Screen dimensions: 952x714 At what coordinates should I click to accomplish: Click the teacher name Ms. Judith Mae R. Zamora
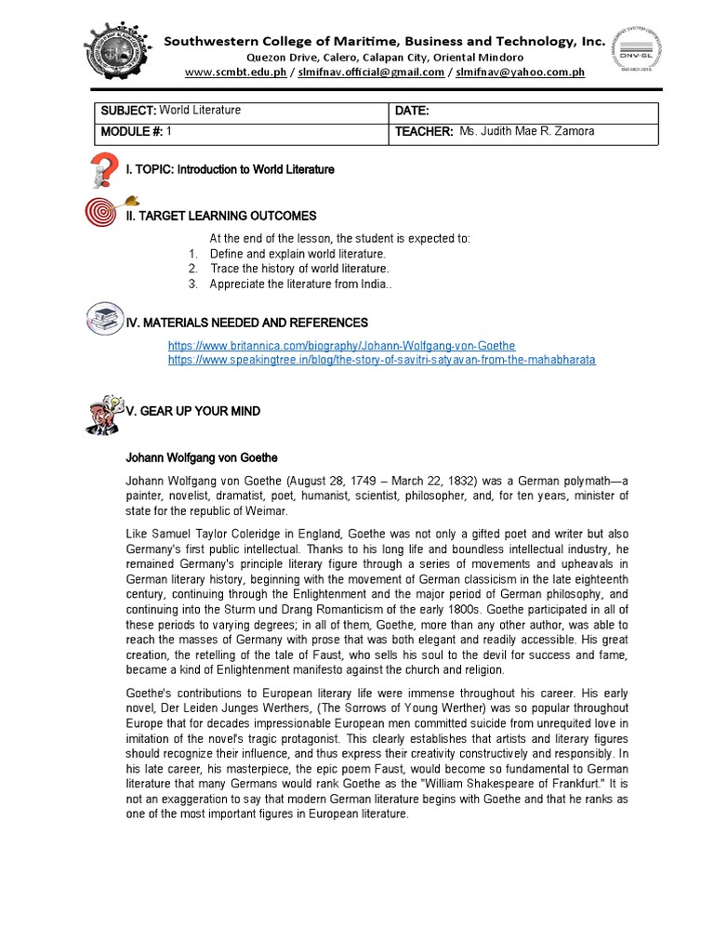(x=526, y=132)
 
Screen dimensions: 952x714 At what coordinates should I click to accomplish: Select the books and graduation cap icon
(x=103, y=317)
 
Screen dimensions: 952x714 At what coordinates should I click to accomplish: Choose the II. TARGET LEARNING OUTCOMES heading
(x=221, y=216)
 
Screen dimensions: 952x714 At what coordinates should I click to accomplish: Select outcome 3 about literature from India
(x=300, y=284)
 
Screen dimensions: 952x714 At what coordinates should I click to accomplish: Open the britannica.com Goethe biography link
(x=341, y=345)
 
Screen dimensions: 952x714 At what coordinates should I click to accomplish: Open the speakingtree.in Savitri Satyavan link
(x=381, y=359)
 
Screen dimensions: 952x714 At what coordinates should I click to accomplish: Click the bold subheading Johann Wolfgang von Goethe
(x=202, y=458)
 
